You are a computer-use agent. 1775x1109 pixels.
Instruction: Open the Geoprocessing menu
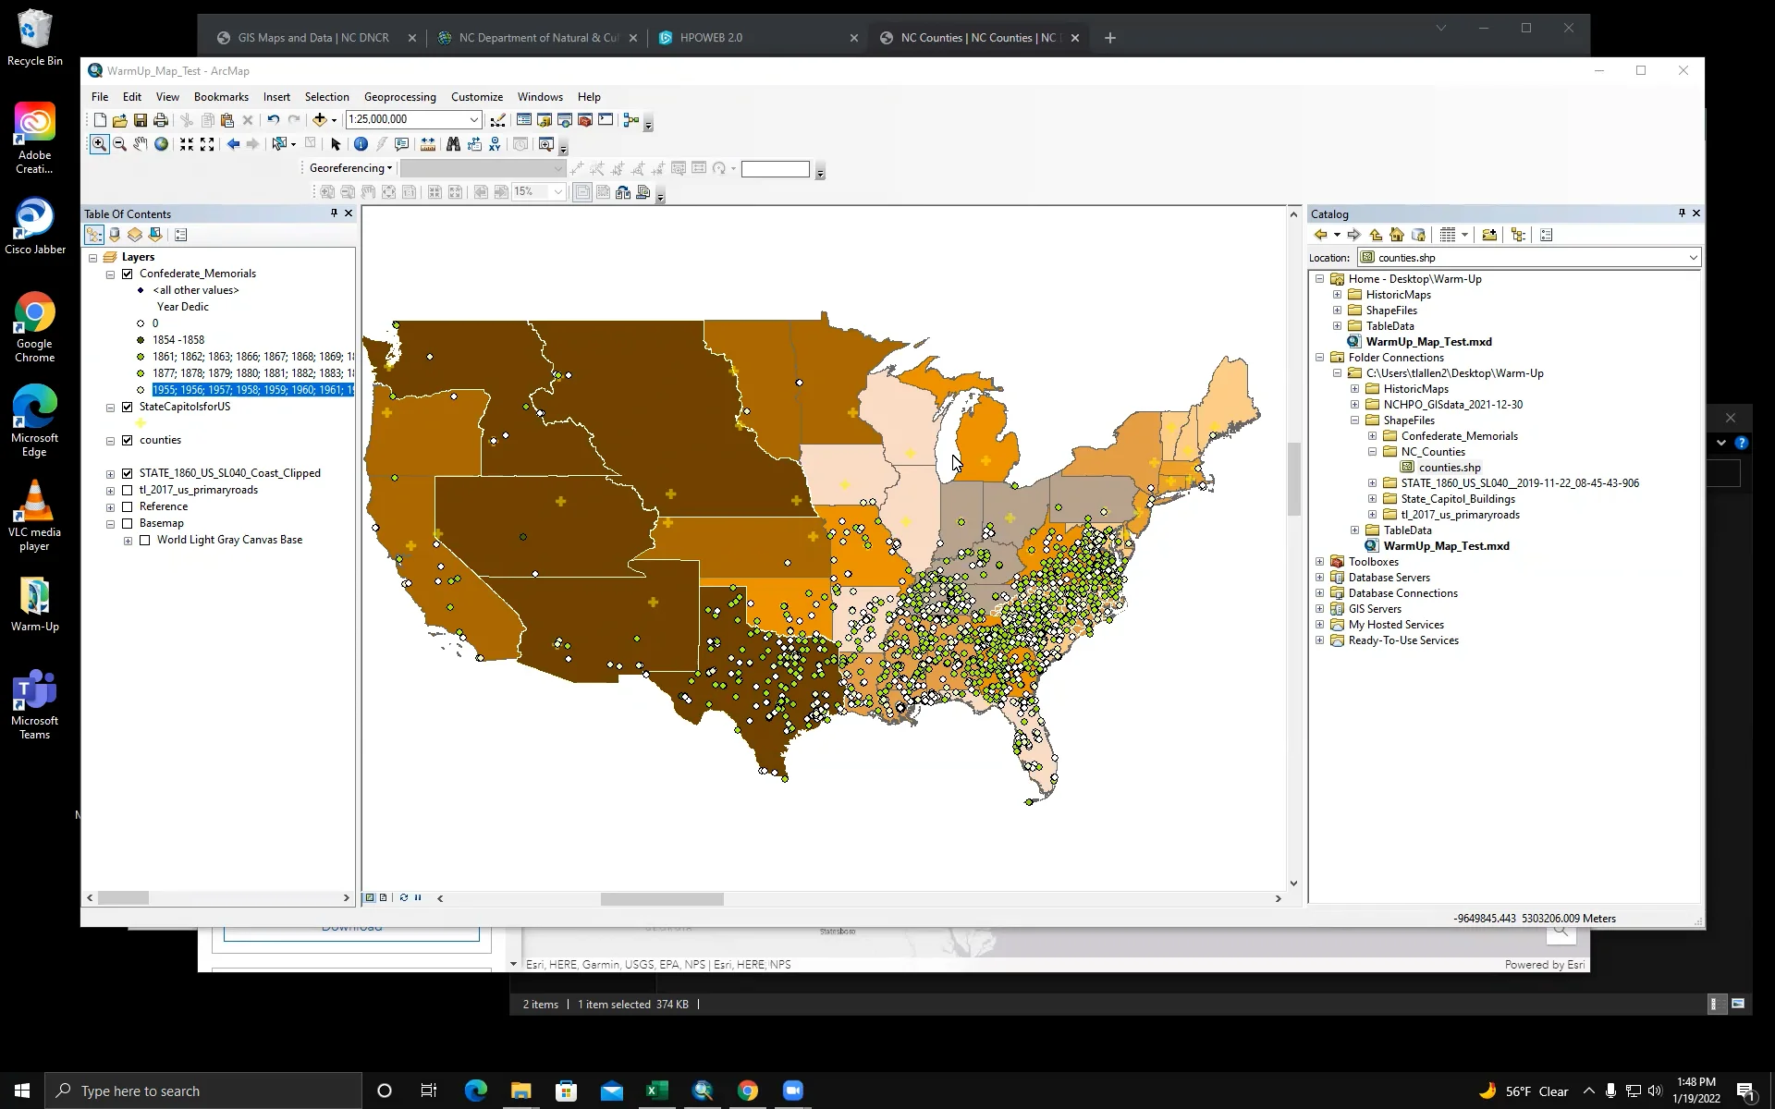point(399,97)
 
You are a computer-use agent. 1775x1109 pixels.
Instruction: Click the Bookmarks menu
point(221,97)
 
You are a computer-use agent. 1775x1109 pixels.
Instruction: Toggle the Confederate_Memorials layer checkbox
point(128,274)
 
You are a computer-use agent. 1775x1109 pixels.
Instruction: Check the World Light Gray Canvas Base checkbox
point(145,541)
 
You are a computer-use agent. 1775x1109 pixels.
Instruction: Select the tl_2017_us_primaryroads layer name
point(198,490)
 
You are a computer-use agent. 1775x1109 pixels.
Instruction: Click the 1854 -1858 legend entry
point(178,340)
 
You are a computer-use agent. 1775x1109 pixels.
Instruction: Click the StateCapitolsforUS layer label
point(184,407)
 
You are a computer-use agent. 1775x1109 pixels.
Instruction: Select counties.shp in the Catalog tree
point(1449,468)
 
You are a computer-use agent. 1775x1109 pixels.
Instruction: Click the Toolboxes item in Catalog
point(1373,562)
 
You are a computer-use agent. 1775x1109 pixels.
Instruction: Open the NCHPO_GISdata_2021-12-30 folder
point(1452,405)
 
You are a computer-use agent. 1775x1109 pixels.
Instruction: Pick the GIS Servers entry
point(1375,609)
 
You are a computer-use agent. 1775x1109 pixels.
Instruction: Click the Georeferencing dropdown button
point(350,168)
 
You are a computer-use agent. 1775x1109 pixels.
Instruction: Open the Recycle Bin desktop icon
point(34,37)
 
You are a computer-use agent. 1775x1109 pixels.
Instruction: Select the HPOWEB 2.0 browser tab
point(711,38)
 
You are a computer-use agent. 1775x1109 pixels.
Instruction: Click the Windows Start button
point(22,1091)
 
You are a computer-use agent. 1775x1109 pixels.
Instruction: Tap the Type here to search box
point(203,1091)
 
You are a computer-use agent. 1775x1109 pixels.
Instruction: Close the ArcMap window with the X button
point(1683,71)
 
